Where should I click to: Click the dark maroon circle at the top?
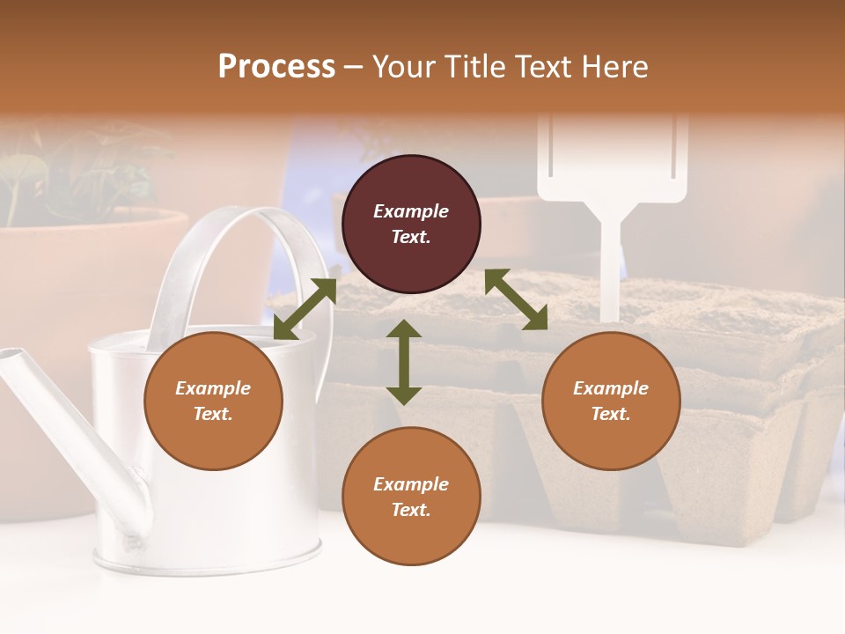pos(411,225)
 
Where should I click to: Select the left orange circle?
pos(213,402)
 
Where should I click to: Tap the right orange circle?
pos(611,402)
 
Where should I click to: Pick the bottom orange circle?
pos(411,497)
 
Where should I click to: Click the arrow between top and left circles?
pos(305,308)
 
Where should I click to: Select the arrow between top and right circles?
pos(516,299)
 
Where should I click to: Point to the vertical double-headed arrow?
pos(404,362)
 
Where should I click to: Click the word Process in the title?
pos(276,66)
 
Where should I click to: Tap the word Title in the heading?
pos(474,66)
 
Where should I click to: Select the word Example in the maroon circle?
pos(411,211)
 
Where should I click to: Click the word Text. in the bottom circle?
pos(411,510)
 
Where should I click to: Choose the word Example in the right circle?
pos(611,388)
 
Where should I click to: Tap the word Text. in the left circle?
pos(213,414)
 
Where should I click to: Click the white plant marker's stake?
pos(609,264)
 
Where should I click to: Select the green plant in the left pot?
pos(53,176)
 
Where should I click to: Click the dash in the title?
pos(354,66)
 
